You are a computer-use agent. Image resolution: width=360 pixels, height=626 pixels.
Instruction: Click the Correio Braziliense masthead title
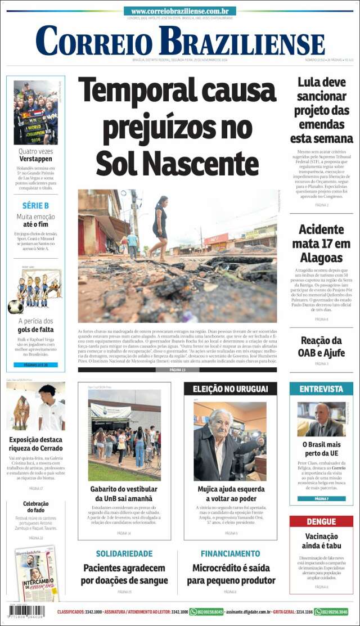pos(180,41)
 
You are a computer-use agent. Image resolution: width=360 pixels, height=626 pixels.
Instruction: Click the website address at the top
pos(180,11)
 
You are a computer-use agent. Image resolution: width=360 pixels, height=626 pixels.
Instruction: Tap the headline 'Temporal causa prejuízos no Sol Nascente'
pos(177,127)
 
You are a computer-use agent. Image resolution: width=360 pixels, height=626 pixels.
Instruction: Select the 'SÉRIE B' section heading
pos(35,205)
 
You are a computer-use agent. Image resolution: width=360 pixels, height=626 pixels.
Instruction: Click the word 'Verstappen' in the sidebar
pos(35,159)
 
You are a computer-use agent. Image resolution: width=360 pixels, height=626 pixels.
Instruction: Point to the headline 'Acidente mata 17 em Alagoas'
pos(321,244)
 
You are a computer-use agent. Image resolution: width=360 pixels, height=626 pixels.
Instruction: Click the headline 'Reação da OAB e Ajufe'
pos(321,346)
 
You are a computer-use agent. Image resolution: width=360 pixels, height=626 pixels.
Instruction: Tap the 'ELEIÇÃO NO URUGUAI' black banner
pos(230,389)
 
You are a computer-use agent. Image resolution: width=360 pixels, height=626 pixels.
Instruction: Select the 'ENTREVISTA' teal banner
pos(321,389)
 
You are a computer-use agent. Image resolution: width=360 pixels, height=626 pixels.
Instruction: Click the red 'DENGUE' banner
pos(321,521)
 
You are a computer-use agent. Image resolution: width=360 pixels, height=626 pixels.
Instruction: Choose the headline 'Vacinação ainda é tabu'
pos(321,541)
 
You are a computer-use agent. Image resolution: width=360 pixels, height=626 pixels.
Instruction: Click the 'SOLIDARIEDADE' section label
pos(124,553)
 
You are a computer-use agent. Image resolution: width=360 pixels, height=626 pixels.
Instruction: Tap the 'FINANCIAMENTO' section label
pos(230,553)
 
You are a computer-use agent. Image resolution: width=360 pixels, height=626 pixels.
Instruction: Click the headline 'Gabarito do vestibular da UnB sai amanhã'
pos(124,494)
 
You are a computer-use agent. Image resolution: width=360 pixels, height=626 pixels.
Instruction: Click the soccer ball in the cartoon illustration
pos(15,307)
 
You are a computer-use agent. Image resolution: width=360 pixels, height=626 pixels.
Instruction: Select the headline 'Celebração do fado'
pos(35,507)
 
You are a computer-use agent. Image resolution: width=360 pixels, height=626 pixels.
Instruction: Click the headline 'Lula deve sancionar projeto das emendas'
pos(321,110)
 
